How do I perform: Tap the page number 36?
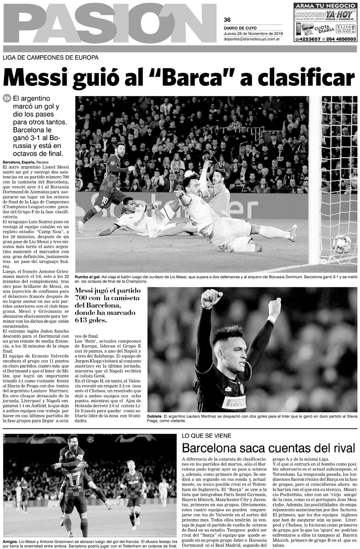(x=227, y=20)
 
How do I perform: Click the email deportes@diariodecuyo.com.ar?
(x=252, y=39)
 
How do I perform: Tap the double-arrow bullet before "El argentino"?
(x=7, y=99)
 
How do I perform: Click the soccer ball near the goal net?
(x=341, y=244)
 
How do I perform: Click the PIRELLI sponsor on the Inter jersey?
(x=234, y=403)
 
